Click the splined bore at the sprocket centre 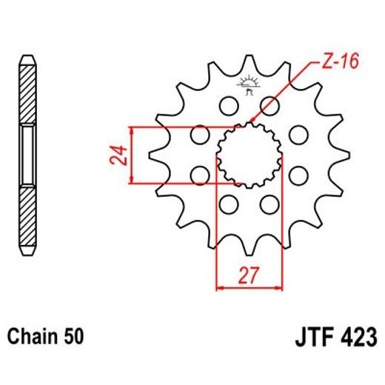pyautogui.click(x=249, y=155)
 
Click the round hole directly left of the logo pyautogui.click(x=225, y=106)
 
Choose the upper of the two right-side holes pyautogui.click(x=298, y=135)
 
